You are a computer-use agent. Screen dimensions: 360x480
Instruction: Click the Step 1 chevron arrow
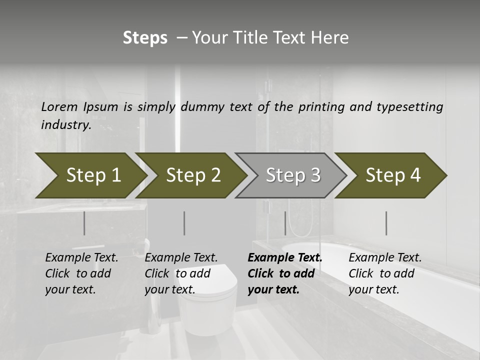coord(90,175)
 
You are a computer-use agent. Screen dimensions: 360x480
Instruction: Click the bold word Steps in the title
coord(145,38)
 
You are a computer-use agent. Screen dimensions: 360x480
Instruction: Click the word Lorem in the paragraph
coord(59,106)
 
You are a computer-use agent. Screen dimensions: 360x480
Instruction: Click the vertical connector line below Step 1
coord(84,223)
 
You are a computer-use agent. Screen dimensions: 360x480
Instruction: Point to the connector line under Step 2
coord(184,223)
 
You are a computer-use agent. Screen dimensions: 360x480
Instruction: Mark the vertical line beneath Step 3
coord(285,223)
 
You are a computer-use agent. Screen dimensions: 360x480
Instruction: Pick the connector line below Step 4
coord(386,223)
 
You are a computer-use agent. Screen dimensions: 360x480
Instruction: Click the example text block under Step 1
coord(81,273)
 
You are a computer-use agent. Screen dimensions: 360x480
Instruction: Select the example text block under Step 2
coord(180,273)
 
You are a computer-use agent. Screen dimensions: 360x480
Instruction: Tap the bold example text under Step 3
coord(284,273)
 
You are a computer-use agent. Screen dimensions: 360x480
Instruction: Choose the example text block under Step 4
coord(384,273)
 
